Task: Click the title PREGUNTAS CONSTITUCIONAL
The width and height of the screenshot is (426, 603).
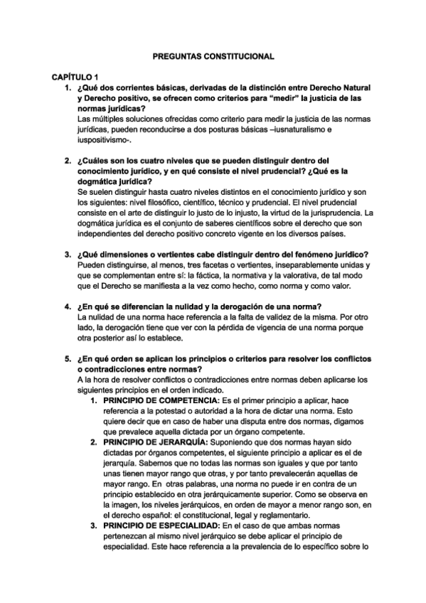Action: coord(213,55)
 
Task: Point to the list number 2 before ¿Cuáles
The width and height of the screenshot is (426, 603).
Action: coord(68,161)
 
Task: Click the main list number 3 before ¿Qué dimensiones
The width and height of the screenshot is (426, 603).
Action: coord(68,255)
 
